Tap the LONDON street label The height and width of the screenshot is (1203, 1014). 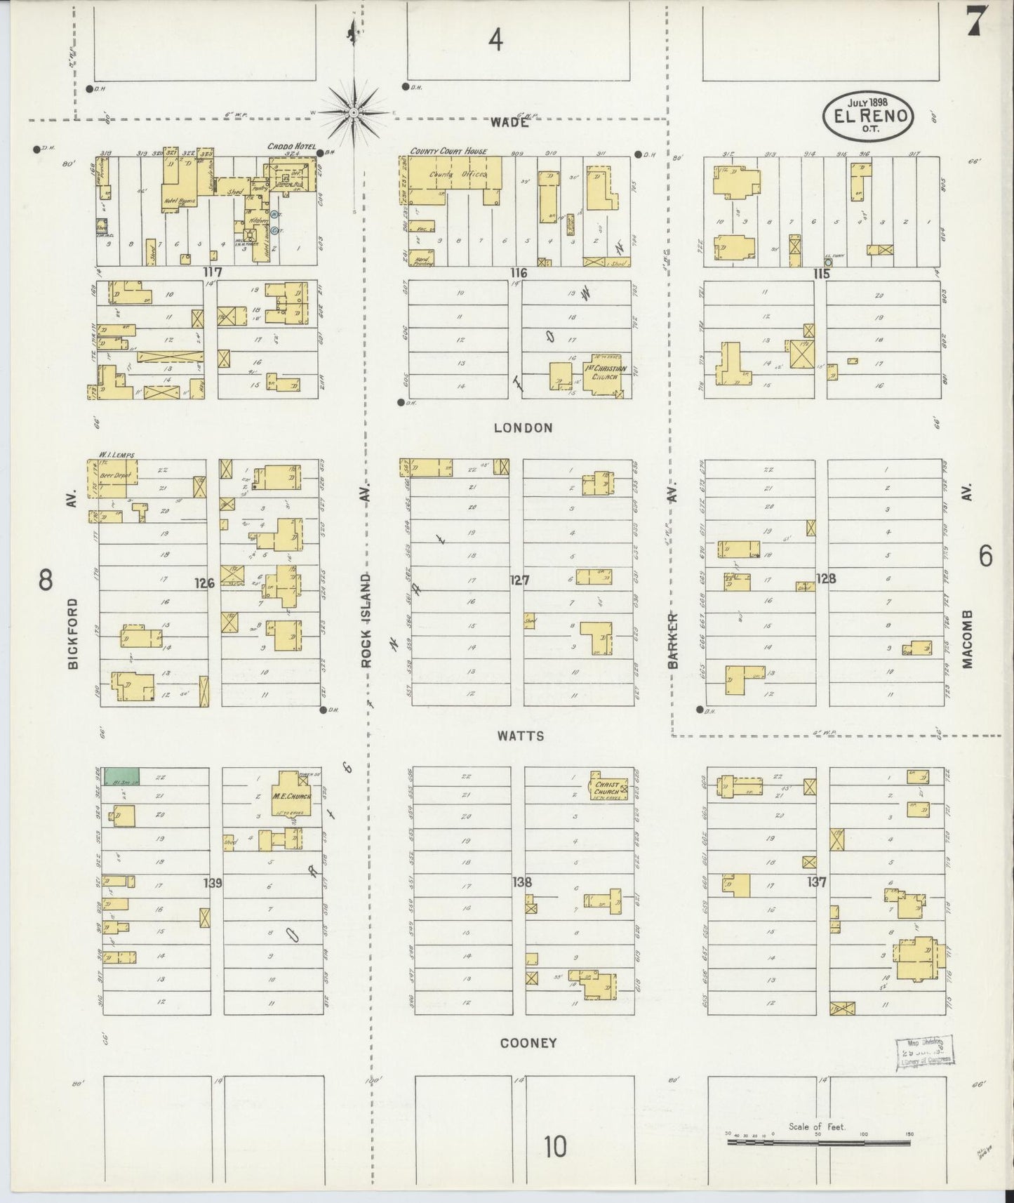click(x=523, y=427)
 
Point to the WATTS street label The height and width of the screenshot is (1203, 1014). click(x=520, y=736)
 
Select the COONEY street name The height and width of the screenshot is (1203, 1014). click(x=528, y=1042)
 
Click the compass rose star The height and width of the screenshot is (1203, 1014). click(x=354, y=112)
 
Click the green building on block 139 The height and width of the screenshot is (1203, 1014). click(x=121, y=776)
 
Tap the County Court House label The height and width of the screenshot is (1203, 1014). click(x=448, y=151)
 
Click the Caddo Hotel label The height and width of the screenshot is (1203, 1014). click(x=289, y=147)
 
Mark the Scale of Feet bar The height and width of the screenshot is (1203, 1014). click(x=818, y=1143)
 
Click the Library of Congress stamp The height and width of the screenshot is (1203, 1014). click(x=925, y=1051)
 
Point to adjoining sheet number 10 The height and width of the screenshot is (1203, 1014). click(x=554, y=1147)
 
